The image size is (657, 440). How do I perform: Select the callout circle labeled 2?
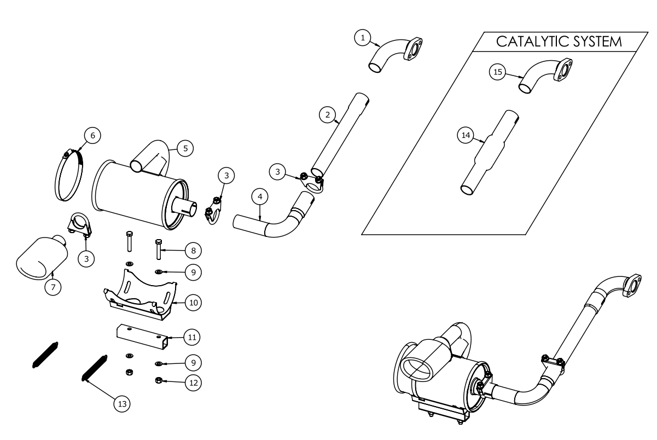click(x=327, y=114)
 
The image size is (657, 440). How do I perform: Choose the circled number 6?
click(x=92, y=135)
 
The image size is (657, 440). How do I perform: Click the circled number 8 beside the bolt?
click(x=193, y=250)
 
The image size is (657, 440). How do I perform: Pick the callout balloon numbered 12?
click(x=193, y=383)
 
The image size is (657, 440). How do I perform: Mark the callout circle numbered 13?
click(x=121, y=404)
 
